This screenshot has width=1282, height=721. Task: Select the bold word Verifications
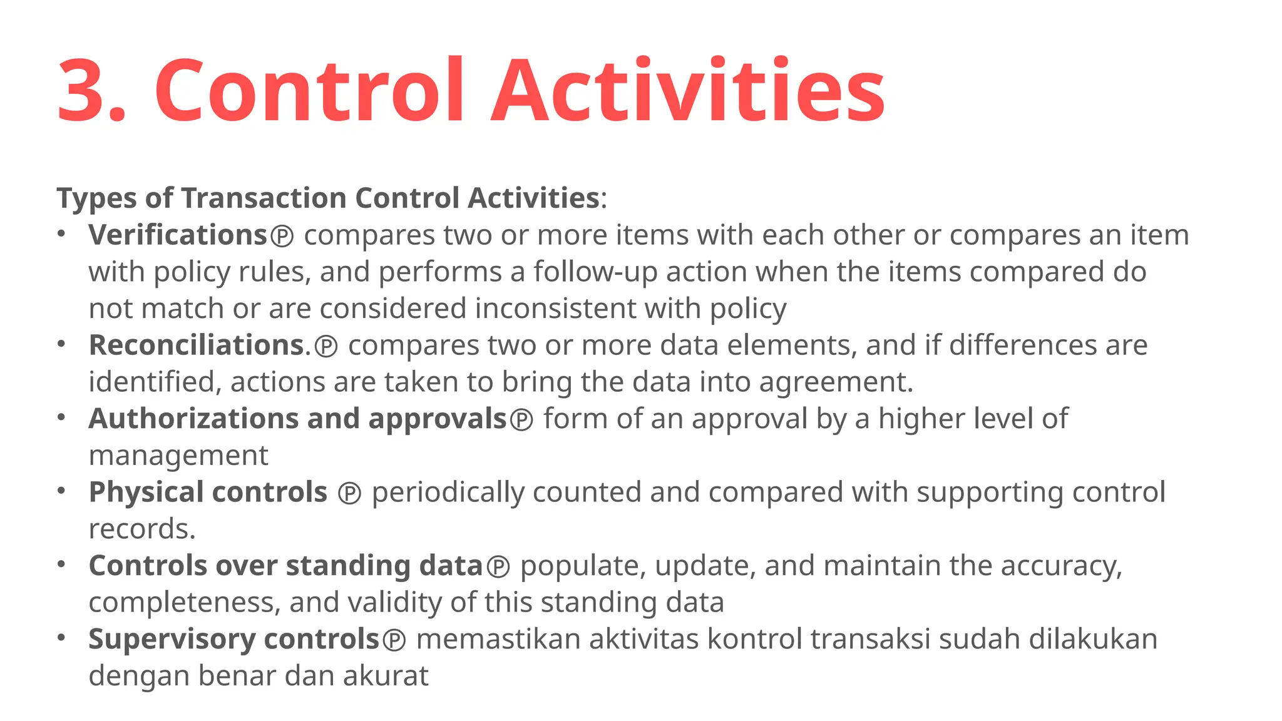[x=178, y=235]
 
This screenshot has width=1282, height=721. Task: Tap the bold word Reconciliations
[x=196, y=345]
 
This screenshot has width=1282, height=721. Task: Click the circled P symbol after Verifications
[x=282, y=237]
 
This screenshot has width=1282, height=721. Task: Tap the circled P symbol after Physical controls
[x=349, y=494]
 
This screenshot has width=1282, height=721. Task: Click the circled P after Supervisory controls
[x=394, y=640]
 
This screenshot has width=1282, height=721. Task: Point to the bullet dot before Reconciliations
[x=61, y=344]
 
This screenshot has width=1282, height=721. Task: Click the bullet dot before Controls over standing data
[x=61, y=565]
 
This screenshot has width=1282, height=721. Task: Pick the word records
[x=141, y=529]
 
